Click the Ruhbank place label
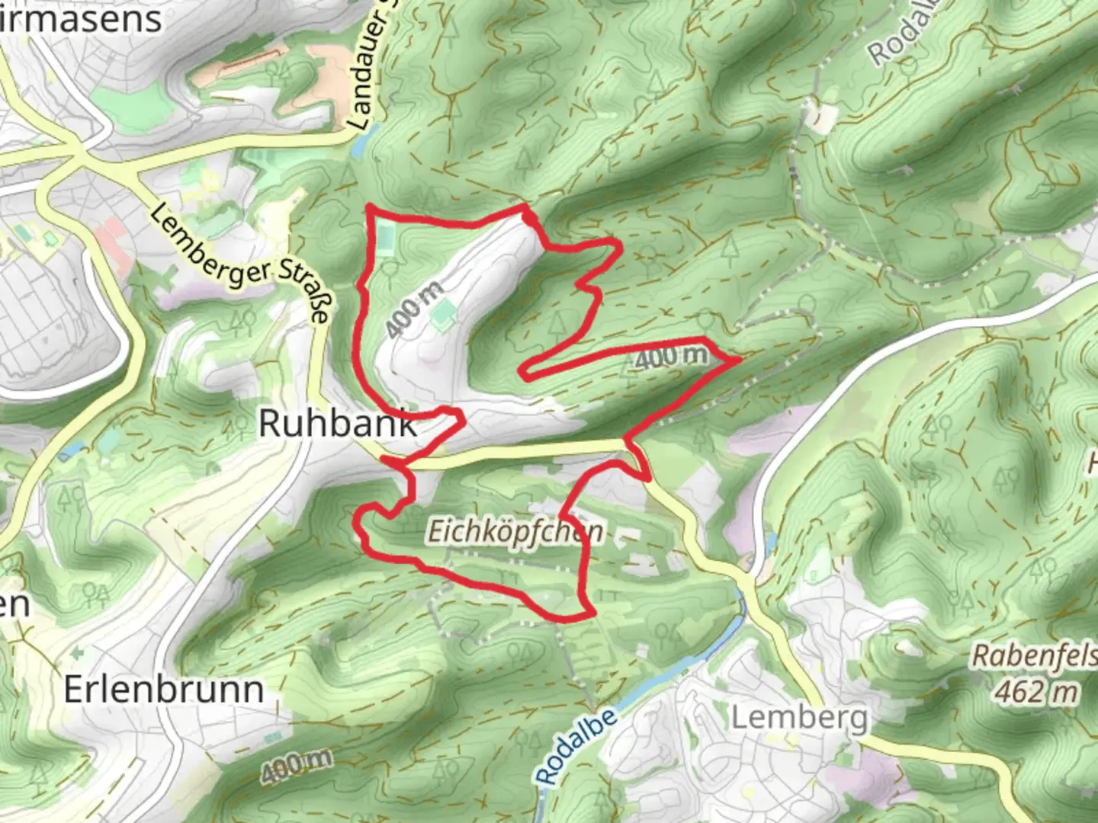point(338,423)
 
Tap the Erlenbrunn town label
point(164,690)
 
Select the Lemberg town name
point(799,717)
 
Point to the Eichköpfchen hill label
point(515,531)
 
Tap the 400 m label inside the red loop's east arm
point(671,357)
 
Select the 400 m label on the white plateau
point(413,309)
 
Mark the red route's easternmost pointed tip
point(740,358)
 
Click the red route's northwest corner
point(370,207)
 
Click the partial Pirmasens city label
point(80,19)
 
